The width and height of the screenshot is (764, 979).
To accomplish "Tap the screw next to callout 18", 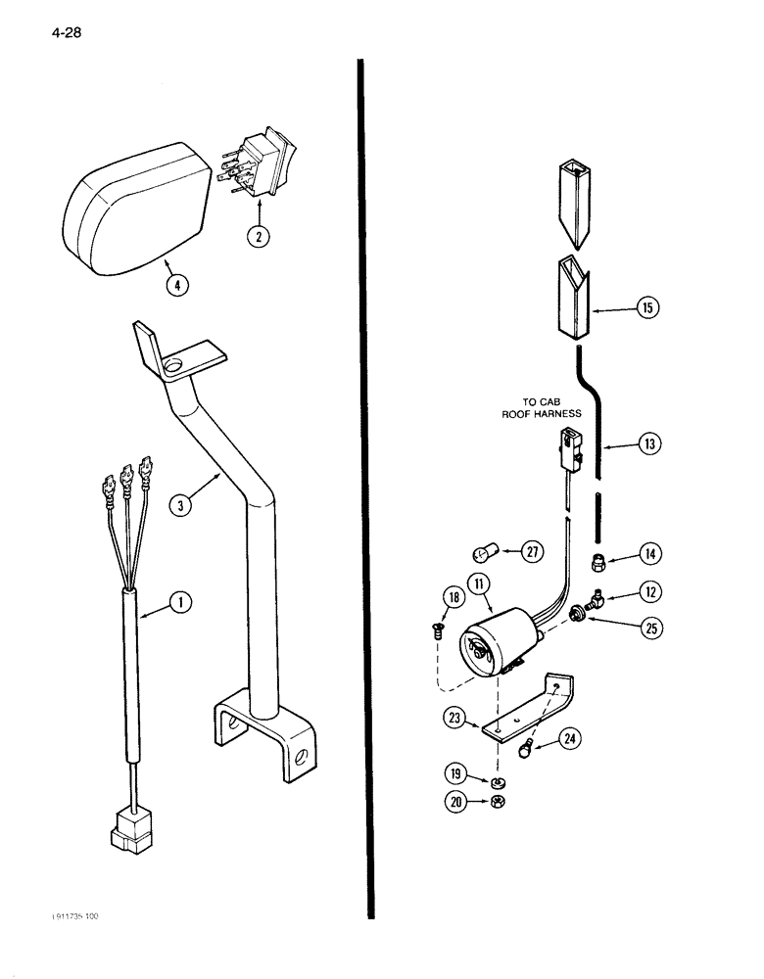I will (438, 631).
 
